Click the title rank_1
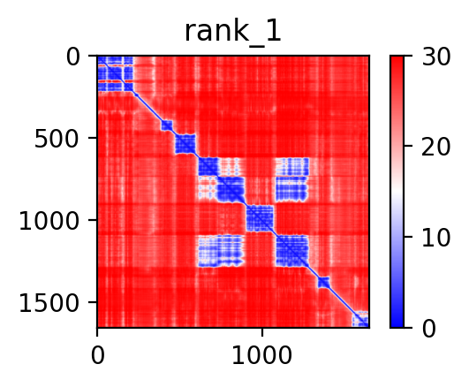pos(233,33)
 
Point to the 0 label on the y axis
pos(73,57)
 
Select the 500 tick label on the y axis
pos(57,140)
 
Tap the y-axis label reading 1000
pos(49,222)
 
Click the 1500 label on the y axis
pos(49,303)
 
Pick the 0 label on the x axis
pos(98,356)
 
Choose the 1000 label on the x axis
pos(262,356)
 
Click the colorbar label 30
pos(435,57)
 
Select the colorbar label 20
pos(435,148)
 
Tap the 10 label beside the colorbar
pos(435,239)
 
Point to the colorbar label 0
pos(428,329)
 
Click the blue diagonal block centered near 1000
pos(260,218)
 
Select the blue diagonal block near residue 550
pos(185,144)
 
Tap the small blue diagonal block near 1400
pos(323,282)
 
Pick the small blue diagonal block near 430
pos(167,125)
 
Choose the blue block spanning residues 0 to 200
pos(116,73)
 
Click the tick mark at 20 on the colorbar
pos(408,146)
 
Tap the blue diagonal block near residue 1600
pos(360,319)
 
